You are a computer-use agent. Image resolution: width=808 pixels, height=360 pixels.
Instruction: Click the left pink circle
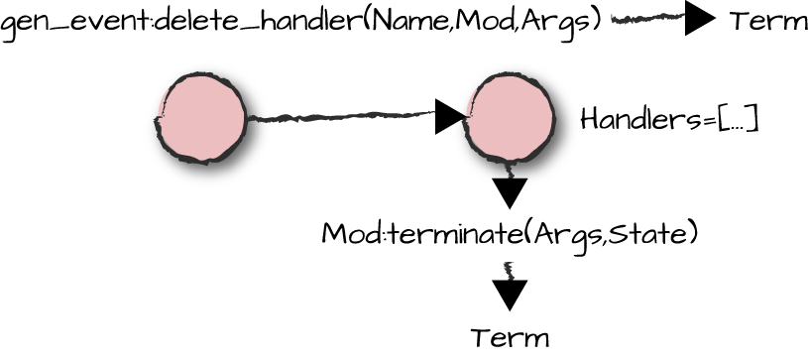[202, 116]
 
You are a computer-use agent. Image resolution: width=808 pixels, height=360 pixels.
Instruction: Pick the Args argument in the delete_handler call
[558, 21]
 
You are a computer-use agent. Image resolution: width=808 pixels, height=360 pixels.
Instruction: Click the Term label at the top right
[767, 21]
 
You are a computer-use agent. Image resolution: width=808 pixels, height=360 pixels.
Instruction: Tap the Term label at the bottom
[510, 338]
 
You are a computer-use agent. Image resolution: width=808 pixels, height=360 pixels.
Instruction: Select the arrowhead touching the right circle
[450, 117]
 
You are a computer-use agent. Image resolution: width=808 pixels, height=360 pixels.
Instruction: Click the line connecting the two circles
[337, 118]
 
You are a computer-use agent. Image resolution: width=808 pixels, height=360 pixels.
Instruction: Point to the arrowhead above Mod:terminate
[510, 192]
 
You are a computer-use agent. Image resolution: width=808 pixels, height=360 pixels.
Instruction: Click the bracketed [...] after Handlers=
[738, 120]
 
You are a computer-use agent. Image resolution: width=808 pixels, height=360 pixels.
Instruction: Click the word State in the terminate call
[659, 235]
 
